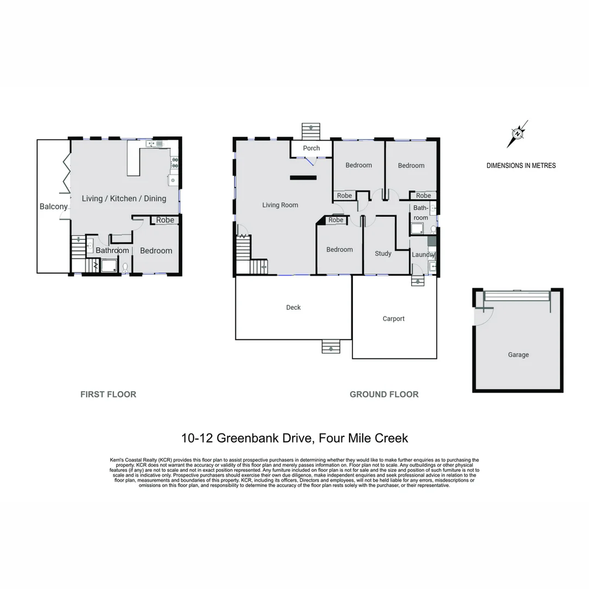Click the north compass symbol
(517, 134)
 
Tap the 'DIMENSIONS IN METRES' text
(521, 166)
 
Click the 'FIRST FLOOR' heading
(108, 394)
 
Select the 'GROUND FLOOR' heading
(384, 394)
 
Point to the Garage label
(518, 354)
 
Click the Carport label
(393, 318)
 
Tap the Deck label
(293, 308)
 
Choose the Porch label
(311, 148)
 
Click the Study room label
(383, 254)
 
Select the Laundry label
(423, 255)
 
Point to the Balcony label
(53, 207)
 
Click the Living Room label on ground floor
(280, 205)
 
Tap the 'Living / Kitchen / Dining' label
(124, 199)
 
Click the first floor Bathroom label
(112, 251)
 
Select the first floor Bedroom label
(156, 251)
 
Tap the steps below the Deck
(330, 346)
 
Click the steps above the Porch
(311, 131)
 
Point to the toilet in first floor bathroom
(125, 267)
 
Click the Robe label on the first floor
(165, 220)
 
